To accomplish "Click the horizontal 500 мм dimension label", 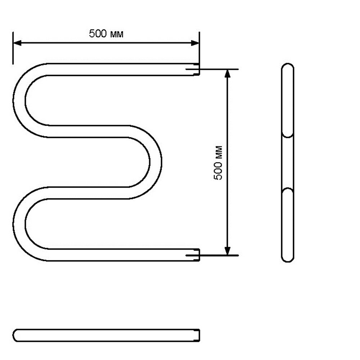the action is tap(106, 34).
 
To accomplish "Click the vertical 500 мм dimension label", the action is tap(218, 163).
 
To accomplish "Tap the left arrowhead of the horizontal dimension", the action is tap(17, 43).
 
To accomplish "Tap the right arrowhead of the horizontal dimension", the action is tap(195, 43).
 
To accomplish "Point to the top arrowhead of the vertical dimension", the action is tap(227, 73).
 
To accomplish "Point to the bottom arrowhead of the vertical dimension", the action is tap(227, 251).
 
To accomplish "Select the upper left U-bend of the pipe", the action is tap(19, 100).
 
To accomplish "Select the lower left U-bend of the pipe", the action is tap(19, 224).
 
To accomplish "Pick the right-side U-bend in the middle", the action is tap(156, 162).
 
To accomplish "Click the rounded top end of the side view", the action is tap(288, 65).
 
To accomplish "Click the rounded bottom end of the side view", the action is tap(288, 260).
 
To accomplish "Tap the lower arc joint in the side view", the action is tap(288, 189).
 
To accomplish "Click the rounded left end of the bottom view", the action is tap(14, 335).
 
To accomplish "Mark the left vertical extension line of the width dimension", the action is tap(13, 48).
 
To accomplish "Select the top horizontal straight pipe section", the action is tap(121, 69).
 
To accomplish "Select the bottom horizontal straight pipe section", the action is tap(121, 255).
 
